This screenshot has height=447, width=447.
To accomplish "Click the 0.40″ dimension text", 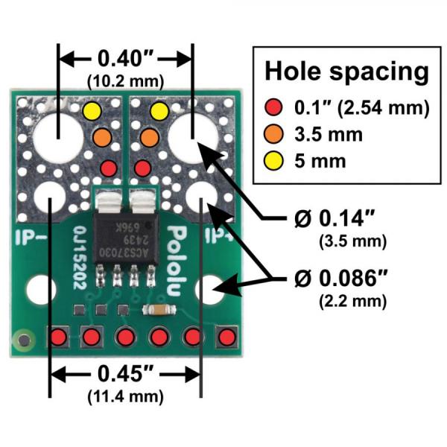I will pyautogui.click(x=126, y=58).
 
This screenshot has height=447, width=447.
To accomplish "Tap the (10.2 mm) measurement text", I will pyautogui.click(x=126, y=77).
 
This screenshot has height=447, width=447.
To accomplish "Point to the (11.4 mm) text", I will pyautogui.click(x=125, y=391).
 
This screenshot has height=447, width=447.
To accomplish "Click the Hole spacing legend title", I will pyautogui.click(x=346, y=72).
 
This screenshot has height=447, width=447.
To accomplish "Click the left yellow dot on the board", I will pyautogui.click(x=92, y=112).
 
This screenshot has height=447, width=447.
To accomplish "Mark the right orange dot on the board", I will pyautogui.click(x=149, y=137).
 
